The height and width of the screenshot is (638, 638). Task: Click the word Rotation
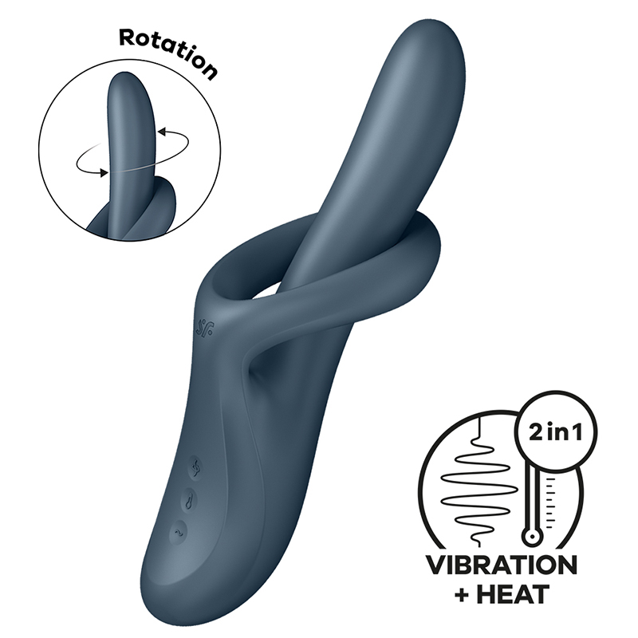pos(168,53)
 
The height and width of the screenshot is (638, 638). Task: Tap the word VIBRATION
pos(502,565)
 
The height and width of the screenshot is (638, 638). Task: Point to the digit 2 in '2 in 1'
pos(537,433)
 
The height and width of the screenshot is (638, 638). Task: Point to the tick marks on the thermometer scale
pos(551,502)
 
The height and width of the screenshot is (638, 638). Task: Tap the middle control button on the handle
pos(190,499)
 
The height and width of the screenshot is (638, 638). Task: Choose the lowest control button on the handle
pos(178,532)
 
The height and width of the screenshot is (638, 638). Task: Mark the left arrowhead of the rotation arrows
pos(104,173)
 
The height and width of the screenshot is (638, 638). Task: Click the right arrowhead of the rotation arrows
pos(162,132)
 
